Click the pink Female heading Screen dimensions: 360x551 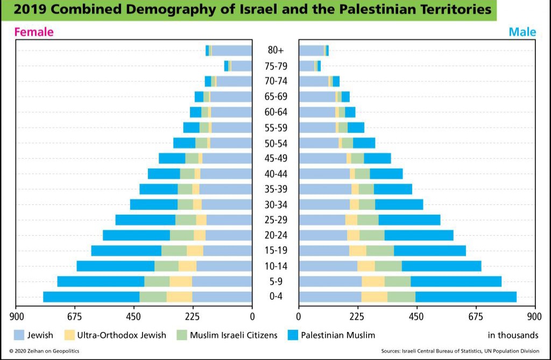pyautogui.click(x=34, y=32)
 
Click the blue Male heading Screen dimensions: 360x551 pyautogui.click(x=522, y=32)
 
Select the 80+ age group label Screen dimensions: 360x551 pyautogui.click(x=275, y=51)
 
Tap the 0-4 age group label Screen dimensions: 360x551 pyautogui.click(x=275, y=297)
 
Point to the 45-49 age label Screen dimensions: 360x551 pyautogui.click(x=275, y=158)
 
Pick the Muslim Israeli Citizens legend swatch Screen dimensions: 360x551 pyautogui.click(x=181, y=335)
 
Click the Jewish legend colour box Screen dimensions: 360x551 pyautogui.click(x=19, y=335)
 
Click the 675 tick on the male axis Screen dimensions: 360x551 pyautogui.click(x=476, y=316)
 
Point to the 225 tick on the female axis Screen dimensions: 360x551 pyautogui.click(x=193, y=316)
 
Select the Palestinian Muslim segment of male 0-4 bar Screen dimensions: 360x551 pyautogui.click(x=465, y=297)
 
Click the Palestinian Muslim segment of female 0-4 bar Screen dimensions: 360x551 pyautogui.click(x=91, y=297)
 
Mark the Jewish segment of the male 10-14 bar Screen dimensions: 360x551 pyautogui.click(x=328, y=266)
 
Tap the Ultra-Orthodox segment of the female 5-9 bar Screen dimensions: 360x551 pyautogui.click(x=180, y=281)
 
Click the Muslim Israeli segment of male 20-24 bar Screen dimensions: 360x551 pyautogui.click(x=372, y=235)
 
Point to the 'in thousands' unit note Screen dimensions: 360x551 pyautogui.click(x=513, y=335)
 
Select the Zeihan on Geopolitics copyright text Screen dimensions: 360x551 pyautogui.click(x=44, y=351)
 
